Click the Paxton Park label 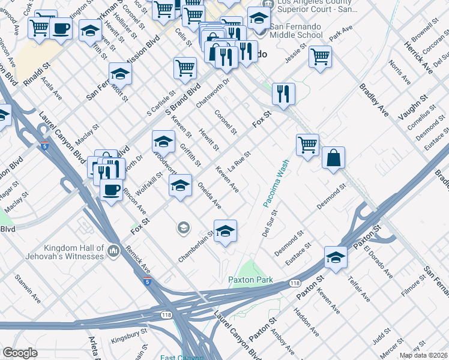[x=250, y=280]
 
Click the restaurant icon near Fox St [x=283, y=93]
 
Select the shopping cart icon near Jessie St [x=320, y=56]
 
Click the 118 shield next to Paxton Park [x=294, y=283]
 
